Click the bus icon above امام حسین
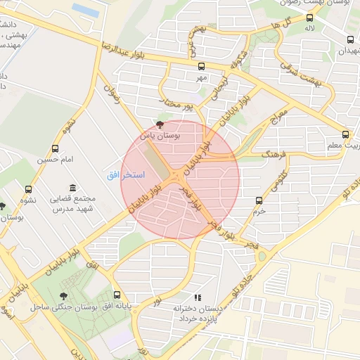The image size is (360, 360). coord(55,148)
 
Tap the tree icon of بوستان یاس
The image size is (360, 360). coord(160,123)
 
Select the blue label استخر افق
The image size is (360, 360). coord(125,174)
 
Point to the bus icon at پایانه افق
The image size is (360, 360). coord(116,295)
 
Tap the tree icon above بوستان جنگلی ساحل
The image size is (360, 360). coord(64,296)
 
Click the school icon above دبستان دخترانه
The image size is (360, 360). coord(198,297)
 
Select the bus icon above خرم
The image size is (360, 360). coord(259,200)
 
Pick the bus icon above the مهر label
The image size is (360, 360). coord(202,66)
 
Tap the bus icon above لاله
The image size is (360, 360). coord(309,18)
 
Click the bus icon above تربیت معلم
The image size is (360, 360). coord(345,134)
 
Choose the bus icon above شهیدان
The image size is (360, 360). coord(349,39)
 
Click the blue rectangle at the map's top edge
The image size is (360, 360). coord(85,9)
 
